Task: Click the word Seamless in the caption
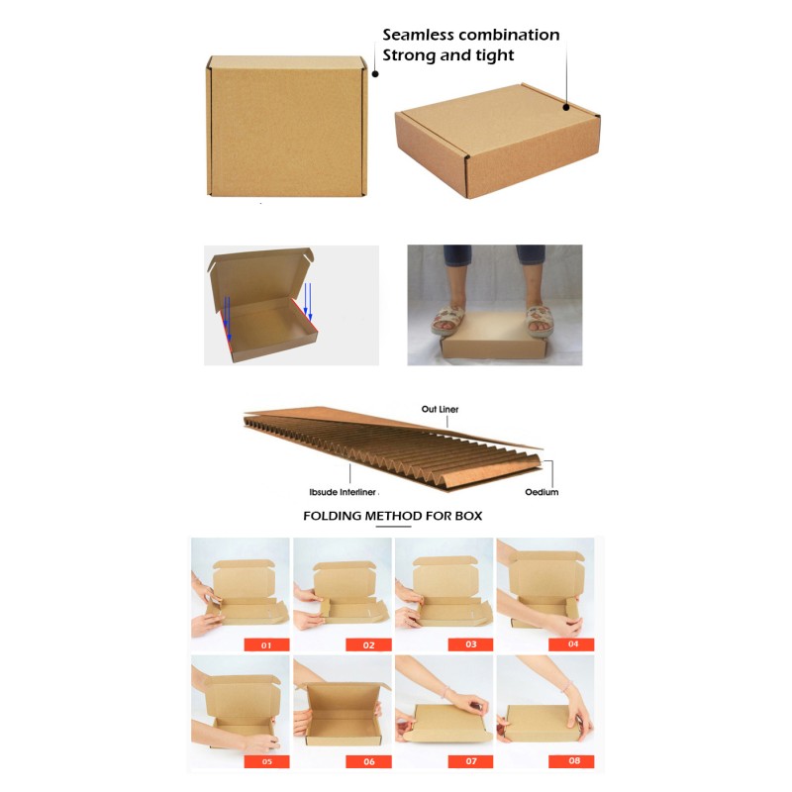(x=418, y=35)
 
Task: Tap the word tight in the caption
(x=494, y=55)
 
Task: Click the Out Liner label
(x=440, y=409)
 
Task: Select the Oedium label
(x=542, y=492)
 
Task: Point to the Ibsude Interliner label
(x=343, y=492)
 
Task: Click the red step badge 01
(x=266, y=645)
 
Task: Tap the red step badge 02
(x=368, y=645)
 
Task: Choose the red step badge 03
(x=471, y=644)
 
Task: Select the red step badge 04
(x=572, y=644)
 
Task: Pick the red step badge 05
(x=266, y=761)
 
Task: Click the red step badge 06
(x=368, y=761)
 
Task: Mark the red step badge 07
(x=471, y=761)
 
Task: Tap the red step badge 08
(x=572, y=761)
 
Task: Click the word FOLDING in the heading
(x=333, y=516)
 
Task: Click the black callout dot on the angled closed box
(x=566, y=107)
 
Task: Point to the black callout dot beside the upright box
(x=375, y=73)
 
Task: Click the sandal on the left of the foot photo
(x=448, y=321)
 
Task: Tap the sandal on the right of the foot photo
(x=540, y=321)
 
